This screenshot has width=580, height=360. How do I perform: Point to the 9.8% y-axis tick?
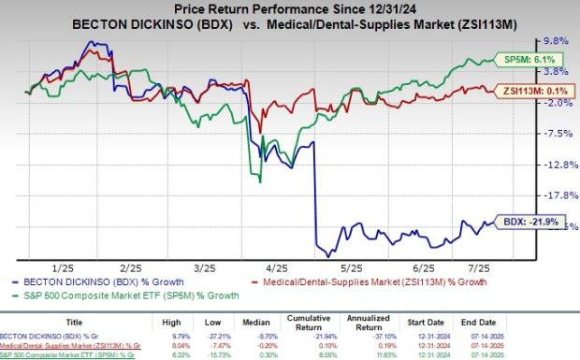point(557,41)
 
